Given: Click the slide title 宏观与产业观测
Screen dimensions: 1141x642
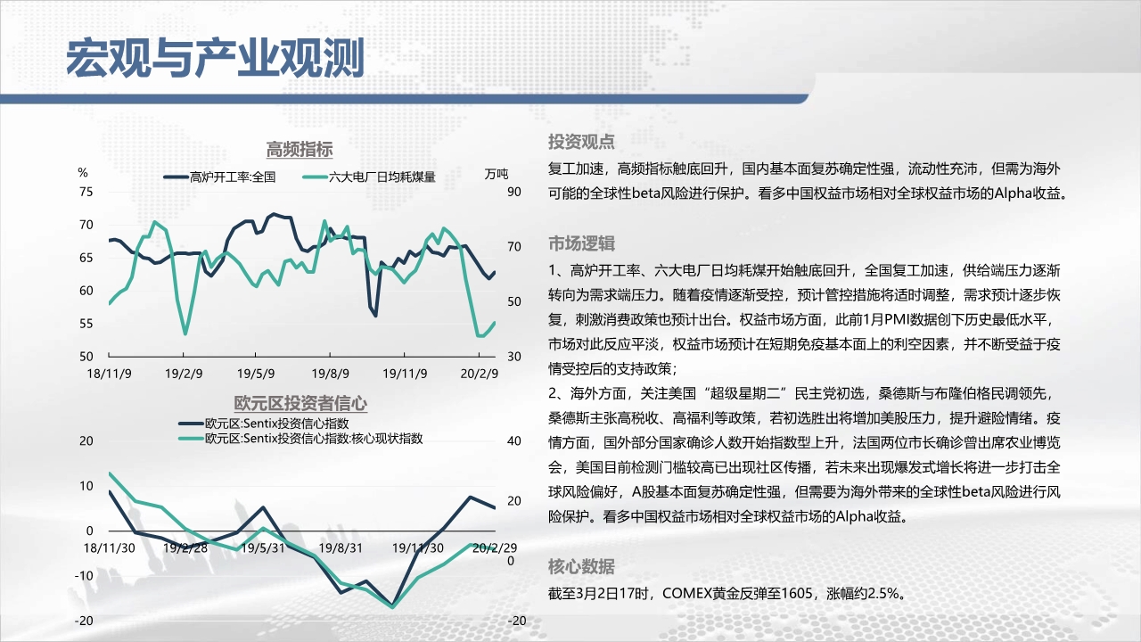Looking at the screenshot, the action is coord(215,58).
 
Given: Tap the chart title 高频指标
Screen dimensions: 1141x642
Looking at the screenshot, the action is coord(300,150).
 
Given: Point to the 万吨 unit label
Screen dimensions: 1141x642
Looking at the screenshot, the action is coord(497,174).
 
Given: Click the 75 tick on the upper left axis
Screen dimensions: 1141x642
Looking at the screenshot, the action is coord(86,192).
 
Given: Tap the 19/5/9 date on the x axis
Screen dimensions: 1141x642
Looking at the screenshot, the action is coord(256,374).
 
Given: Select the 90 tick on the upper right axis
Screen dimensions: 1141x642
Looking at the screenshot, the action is coord(514,192).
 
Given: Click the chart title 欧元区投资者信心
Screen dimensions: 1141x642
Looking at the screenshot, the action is coord(300,404).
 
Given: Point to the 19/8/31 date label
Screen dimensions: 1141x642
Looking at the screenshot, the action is coord(341,548).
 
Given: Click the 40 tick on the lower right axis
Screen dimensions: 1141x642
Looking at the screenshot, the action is coord(514,441).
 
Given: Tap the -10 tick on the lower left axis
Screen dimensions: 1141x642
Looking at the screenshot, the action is coord(84,576).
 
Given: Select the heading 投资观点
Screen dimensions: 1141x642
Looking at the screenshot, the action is coord(581,142).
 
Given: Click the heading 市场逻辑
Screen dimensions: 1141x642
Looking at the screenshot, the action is coord(581,243).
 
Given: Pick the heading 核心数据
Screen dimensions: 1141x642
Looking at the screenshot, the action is coord(581,566).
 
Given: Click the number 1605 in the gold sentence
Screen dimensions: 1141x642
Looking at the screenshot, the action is coord(797,594).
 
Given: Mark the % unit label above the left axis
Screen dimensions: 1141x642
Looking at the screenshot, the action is coord(83,173).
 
